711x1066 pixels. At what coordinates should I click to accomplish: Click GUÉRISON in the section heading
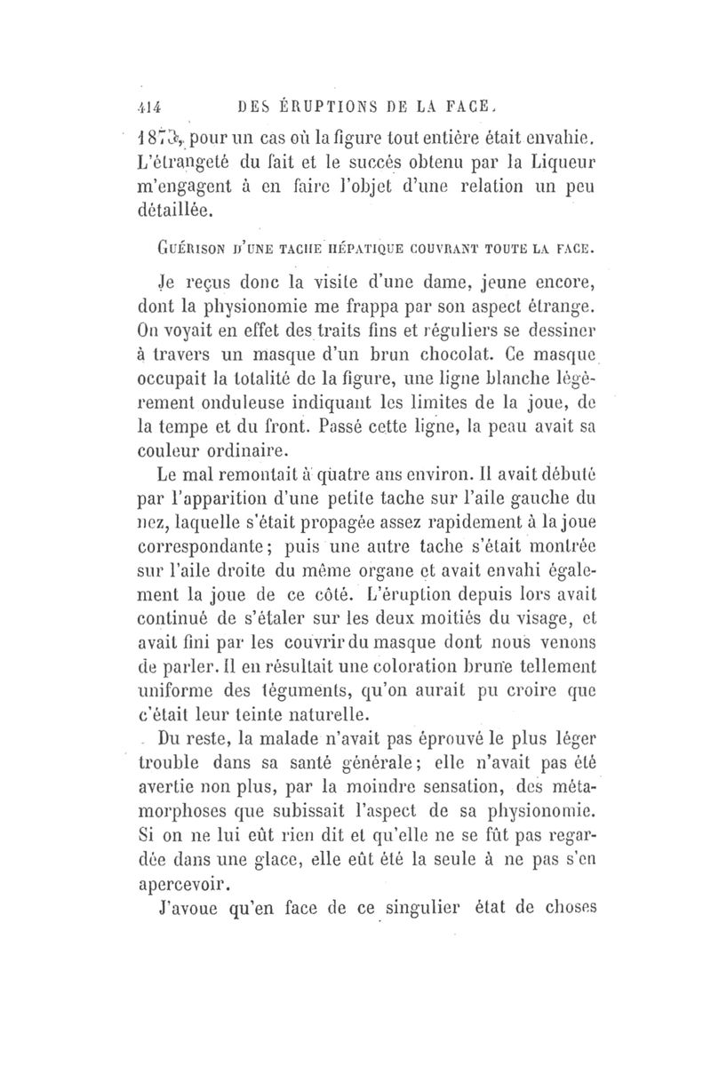click(184, 251)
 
